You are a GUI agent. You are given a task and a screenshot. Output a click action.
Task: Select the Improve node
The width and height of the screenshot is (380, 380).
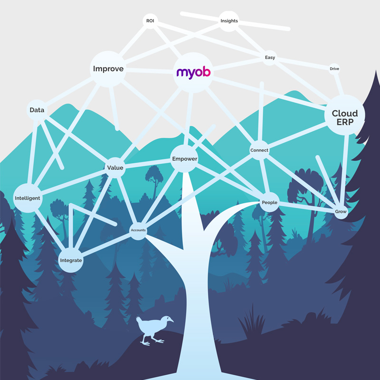108,69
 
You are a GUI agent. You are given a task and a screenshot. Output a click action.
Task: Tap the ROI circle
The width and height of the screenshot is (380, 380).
150,21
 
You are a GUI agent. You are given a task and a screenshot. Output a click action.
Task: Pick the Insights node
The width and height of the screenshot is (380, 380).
229,21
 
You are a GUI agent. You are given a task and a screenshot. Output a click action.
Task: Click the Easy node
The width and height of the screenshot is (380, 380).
270,58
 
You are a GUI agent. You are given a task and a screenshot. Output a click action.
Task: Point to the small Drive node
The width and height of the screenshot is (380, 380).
334,69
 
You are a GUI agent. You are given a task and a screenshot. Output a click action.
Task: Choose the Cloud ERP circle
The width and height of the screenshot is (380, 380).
344,115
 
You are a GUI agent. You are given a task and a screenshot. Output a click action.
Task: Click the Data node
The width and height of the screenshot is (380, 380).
37,110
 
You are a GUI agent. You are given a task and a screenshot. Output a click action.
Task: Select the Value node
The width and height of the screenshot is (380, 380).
115,168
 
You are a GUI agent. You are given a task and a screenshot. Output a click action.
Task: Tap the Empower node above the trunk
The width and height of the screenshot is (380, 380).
184,159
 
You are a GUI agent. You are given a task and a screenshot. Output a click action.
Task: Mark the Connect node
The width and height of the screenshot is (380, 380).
259,150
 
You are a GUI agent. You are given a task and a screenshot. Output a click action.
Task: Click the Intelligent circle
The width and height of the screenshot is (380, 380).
28,198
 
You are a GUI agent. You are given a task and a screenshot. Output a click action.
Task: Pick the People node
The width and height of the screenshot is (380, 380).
269,203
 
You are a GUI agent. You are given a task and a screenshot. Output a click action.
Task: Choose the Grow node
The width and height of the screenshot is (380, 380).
341,211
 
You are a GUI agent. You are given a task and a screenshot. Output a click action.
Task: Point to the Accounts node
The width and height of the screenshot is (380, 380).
138,230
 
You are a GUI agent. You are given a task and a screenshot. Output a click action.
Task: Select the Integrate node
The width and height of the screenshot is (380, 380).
71,260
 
